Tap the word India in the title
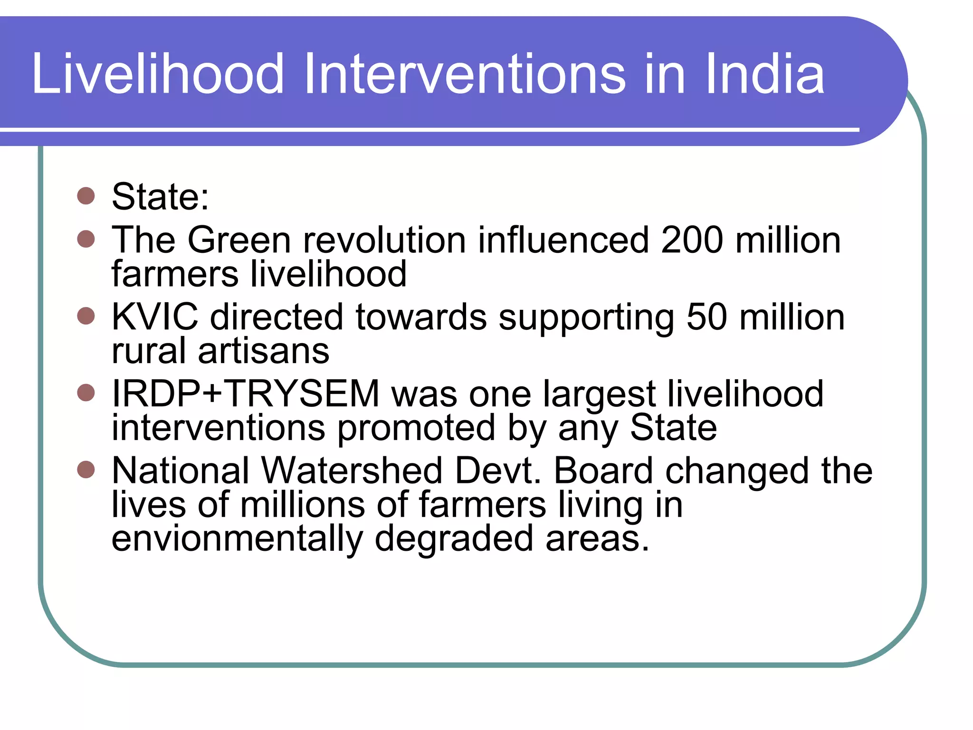coord(764,74)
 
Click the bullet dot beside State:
coord(86,195)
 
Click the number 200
coord(692,240)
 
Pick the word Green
coord(239,240)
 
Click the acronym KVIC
coord(155,317)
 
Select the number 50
coord(706,317)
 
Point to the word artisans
coord(264,351)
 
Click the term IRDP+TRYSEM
coord(245,394)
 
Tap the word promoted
coord(416,428)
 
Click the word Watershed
coord(352,471)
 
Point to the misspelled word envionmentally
coord(237,539)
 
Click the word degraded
coord(454,539)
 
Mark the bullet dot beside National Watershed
coord(86,470)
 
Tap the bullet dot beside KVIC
coord(86,316)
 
